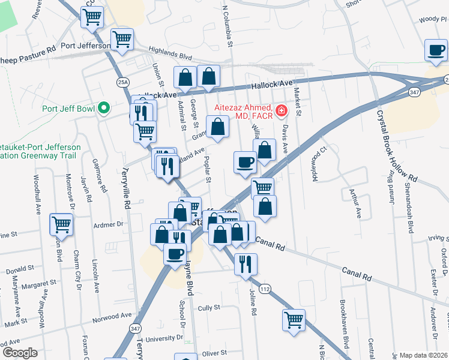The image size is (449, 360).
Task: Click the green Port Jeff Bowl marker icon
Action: click(104, 109)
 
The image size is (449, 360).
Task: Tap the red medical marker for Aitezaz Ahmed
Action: click(281, 110)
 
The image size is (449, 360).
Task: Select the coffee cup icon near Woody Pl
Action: click(436, 50)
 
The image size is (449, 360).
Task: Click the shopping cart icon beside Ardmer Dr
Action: click(62, 224)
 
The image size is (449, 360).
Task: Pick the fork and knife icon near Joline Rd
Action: click(246, 263)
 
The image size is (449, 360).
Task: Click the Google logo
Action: click(20, 353)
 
